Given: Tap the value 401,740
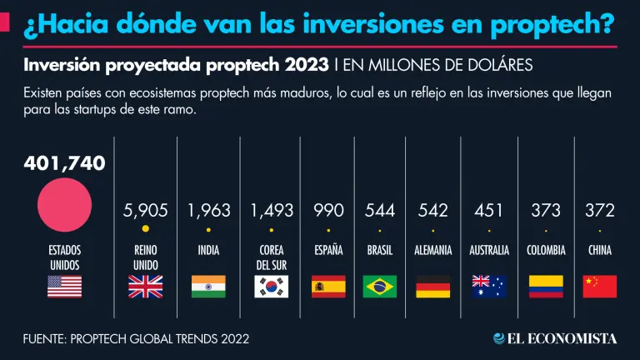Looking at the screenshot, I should [x=64, y=164].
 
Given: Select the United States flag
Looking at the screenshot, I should [x=64, y=287].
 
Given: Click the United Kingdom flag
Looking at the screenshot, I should [x=145, y=287].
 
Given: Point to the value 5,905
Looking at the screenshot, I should [x=145, y=211].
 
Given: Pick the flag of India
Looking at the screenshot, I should [x=208, y=287].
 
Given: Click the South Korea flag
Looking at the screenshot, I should [x=271, y=287].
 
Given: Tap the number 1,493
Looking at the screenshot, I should [x=271, y=211].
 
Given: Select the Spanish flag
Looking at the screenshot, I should [x=327, y=287].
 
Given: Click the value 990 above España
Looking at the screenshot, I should [x=327, y=211].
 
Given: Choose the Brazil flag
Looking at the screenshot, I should [x=380, y=287].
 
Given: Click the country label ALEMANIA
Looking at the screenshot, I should [x=432, y=250].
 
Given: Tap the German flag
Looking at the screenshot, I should [x=432, y=287].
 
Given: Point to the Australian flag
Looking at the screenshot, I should [x=488, y=287].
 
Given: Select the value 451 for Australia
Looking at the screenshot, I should [x=488, y=211].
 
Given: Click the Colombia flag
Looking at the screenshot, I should [x=546, y=287].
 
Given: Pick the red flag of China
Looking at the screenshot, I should [x=600, y=287].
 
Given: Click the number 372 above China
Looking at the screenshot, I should [x=600, y=211].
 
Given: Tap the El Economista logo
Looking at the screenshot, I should [x=554, y=338].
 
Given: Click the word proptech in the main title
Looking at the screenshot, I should [x=542, y=26].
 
